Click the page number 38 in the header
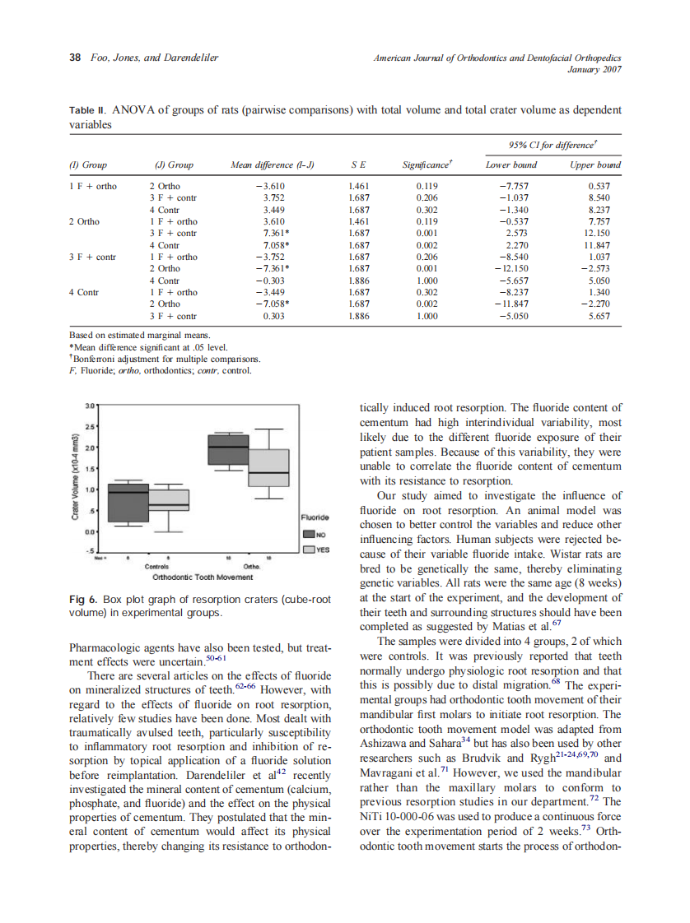click(x=74, y=58)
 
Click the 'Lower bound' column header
click(x=511, y=165)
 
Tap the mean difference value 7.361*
click(x=273, y=233)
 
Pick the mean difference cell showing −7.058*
click(x=273, y=303)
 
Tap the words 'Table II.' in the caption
click(x=87, y=109)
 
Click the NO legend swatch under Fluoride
click(x=310, y=535)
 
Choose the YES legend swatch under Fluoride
click(x=310, y=549)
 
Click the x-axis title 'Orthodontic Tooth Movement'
click(x=203, y=577)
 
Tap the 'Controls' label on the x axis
click(x=156, y=567)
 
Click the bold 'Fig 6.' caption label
click(x=83, y=599)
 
